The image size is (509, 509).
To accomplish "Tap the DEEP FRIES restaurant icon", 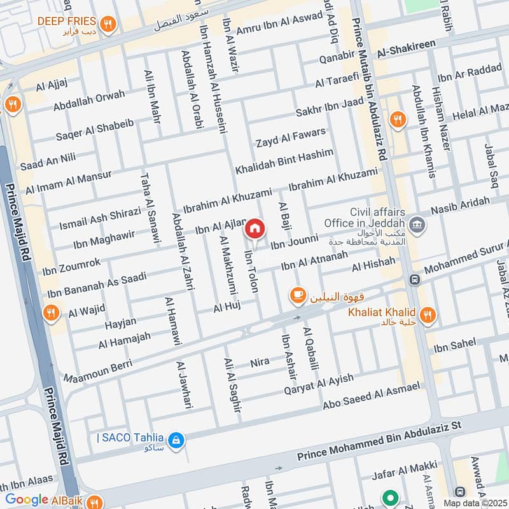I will click(x=109, y=24).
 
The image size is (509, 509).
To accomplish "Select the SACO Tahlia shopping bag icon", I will click(x=176, y=439).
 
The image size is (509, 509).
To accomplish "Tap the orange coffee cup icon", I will click(x=297, y=295).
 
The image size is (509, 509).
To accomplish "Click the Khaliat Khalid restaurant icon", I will click(x=428, y=313).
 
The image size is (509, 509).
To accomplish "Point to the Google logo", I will click(x=27, y=500).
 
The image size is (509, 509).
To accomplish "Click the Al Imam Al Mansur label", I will click(x=68, y=182).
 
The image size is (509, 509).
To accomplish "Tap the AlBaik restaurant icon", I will click(x=94, y=501).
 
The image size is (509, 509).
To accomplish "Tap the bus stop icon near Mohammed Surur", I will click(x=415, y=280).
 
